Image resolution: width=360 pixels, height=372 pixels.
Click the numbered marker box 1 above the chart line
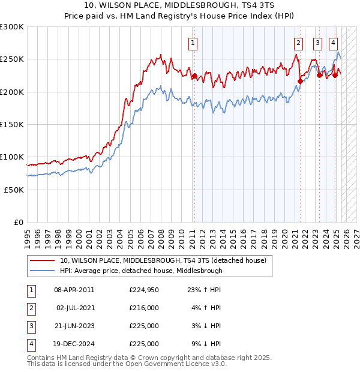point(193,43)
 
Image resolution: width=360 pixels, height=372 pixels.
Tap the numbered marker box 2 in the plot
point(298,43)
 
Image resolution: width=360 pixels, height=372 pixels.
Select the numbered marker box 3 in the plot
point(317,43)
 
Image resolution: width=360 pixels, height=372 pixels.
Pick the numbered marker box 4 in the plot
point(333,43)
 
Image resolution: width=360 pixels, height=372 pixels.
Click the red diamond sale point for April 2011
point(194,76)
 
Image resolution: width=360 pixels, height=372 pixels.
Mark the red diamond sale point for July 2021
point(300,82)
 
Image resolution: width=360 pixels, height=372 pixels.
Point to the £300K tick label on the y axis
point(11,27)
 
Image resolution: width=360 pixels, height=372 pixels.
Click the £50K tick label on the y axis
point(13,190)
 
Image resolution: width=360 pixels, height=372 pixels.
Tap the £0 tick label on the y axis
point(18,222)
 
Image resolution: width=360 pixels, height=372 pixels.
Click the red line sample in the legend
point(42,261)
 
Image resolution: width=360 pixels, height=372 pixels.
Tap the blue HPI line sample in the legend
point(42,271)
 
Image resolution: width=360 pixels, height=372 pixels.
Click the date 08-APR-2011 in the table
point(74,290)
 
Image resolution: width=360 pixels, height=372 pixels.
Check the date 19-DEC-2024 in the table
point(74,344)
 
